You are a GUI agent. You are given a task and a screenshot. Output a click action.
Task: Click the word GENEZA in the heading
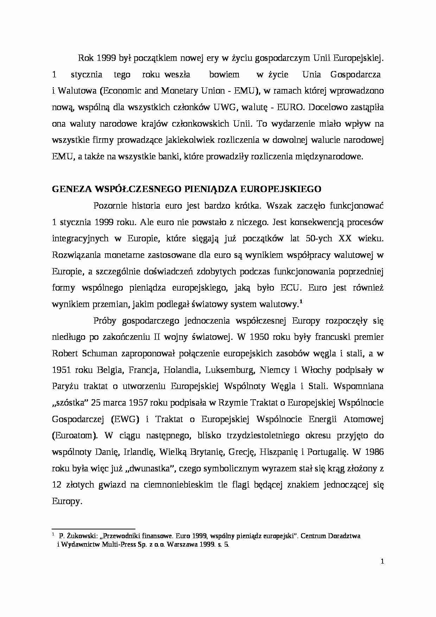pos(72,189)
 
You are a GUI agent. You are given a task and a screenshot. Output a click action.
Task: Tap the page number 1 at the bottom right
pos(382,561)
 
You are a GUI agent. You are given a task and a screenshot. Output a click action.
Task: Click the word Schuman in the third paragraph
pos(102,354)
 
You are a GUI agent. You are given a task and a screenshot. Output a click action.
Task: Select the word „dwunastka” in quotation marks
pos(149,469)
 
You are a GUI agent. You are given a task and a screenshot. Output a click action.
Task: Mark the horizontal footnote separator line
pos(93,529)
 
